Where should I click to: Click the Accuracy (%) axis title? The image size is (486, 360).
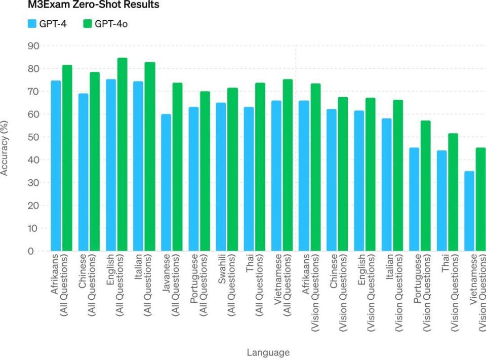[x=5, y=148]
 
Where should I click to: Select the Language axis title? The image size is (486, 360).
[x=268, y=352]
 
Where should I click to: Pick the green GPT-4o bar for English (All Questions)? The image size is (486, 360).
[x=122, y=154]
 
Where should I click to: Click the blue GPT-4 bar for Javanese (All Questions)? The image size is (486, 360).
[x=166, y=182]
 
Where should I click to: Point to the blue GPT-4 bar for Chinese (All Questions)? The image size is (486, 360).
[x=83, y=172]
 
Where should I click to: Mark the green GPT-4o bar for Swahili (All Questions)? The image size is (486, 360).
[x=232, y=170]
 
